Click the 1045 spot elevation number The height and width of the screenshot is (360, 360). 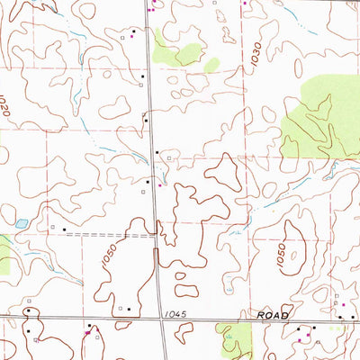click(x=177, y=313)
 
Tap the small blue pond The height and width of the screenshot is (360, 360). click(x=21, y=222)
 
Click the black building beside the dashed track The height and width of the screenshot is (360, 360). click(x=64, y=229)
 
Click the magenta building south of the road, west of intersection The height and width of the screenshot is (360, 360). click(x=87, y=332)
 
